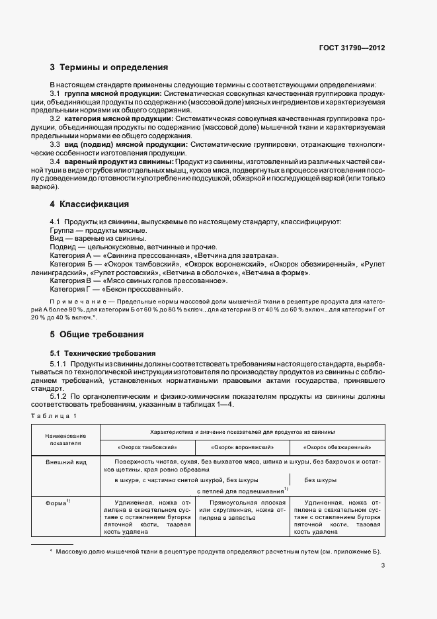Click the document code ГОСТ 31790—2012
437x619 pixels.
pos(352,48)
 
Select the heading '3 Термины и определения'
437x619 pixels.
pos(109,67)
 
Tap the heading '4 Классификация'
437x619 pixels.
pos(89,204)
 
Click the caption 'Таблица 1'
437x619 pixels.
pos(54,415)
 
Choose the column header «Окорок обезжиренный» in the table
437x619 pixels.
pos(337,446)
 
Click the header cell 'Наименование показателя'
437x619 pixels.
pos(65,440)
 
